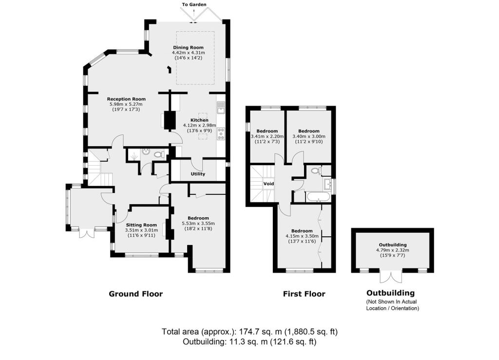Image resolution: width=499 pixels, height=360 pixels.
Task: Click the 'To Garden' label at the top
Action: click(x=194, y=4)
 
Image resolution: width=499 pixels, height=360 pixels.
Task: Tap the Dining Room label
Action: click(x=188, y=47)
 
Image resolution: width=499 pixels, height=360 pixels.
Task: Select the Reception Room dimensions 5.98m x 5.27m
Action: click(x=127, y=104)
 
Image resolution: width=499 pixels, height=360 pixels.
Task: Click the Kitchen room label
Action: click(x=199, y=120)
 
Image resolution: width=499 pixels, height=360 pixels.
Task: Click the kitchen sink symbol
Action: click(x=221, y=107)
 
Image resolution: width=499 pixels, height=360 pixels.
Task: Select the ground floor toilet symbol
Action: click(x=157, y=154)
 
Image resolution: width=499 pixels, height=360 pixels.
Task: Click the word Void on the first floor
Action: click(x=269, y=184)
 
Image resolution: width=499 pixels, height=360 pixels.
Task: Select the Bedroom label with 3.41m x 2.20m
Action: click(x=268, y=131)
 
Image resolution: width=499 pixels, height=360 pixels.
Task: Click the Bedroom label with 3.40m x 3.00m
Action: click(x=309, y=131)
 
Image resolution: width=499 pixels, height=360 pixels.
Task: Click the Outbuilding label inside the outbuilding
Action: click(x=393, y=245)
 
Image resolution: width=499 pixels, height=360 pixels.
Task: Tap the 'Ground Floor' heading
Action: click(x=135, y=294)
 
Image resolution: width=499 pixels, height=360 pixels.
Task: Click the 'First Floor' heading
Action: click(x=304, y=294)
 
